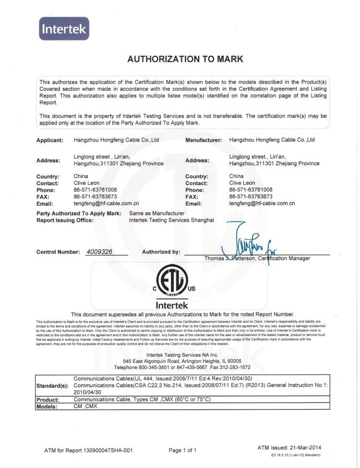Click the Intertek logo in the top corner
point(64,29)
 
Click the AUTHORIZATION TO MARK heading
point(185,60)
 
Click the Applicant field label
point(50,141)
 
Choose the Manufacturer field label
point(204,141)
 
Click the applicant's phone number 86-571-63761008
point(96,190)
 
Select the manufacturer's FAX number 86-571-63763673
point(251,197)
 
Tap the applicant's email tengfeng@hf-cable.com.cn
point(106,204)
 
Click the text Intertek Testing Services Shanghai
point(171,220)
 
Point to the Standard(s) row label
point(52,386)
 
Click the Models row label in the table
point(47,407)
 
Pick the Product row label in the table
point(48,399)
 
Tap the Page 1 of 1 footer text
point(183,450)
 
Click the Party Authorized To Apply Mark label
point(79,213)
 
